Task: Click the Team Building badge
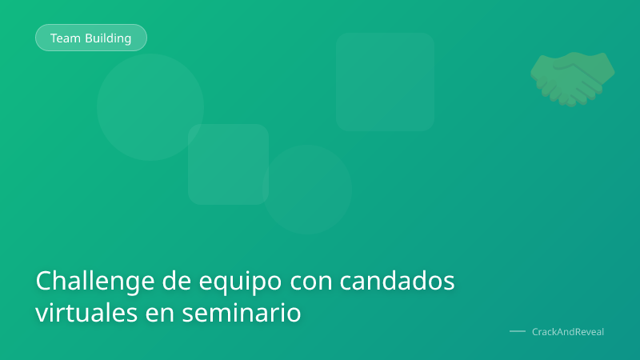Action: pos(91,38)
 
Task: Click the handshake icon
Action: pos(573,78)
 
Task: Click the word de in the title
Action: pos(176,282)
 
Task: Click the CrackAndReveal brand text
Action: pos(568,331)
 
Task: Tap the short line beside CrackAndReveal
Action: pos(518,331)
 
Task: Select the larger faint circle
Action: pos(150,106)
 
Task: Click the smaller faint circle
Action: pos(307,190)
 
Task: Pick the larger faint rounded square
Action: pos(385,82)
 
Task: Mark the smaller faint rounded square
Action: pos(228,164)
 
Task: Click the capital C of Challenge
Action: pos(44,282)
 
